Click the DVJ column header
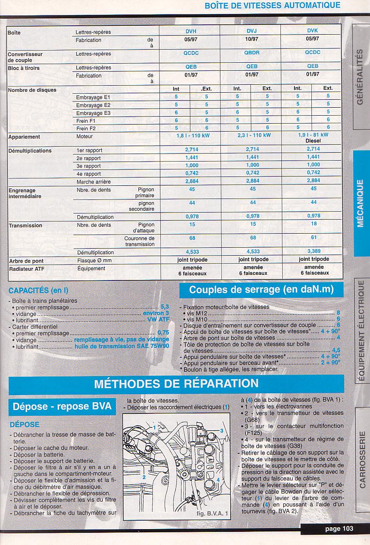(252, 31)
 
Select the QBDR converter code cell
(252, 53)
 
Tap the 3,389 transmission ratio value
(313, 251)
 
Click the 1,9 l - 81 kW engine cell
(313, 135)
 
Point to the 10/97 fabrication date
(252, 39)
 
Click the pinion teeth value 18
(313, 224)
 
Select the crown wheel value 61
(313, 237)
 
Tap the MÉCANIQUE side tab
(361, 203)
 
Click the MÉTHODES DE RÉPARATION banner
(176, 384)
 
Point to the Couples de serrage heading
(261, 290)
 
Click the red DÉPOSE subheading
(24, 425)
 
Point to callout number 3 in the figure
(221, 430)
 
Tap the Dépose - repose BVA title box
(62, 406)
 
